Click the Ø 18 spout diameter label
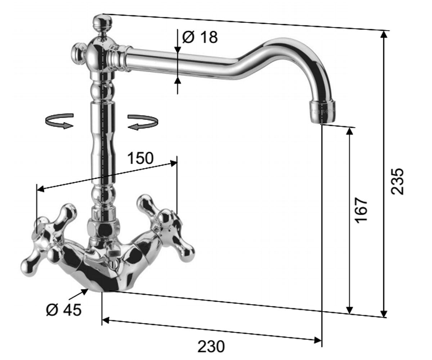pos(200,37)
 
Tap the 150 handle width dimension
pos(140,158)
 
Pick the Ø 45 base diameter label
pos(64,310)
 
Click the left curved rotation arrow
pos(59,121)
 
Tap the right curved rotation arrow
pos(142,122)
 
